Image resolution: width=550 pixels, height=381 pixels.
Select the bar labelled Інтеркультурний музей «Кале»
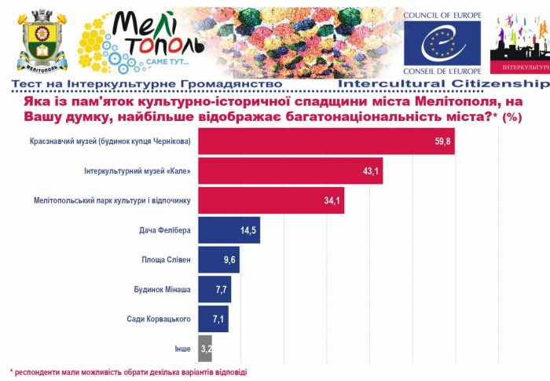(290, 170)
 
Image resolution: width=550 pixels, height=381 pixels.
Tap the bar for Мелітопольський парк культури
(271, 201)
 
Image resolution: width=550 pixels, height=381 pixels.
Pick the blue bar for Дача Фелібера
(229, 230)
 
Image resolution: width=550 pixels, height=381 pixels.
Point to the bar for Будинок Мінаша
(214, 289)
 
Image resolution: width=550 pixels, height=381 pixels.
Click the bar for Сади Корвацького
(213, 318)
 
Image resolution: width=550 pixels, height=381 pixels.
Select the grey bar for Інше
(205, 347)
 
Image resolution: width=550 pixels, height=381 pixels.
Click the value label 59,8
(442, 142)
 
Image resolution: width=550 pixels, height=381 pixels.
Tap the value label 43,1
(369, 171)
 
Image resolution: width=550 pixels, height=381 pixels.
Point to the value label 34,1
(332, 201)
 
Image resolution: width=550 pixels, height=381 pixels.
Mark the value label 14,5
(247, 230)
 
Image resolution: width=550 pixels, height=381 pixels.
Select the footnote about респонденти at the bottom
(133, 371)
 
